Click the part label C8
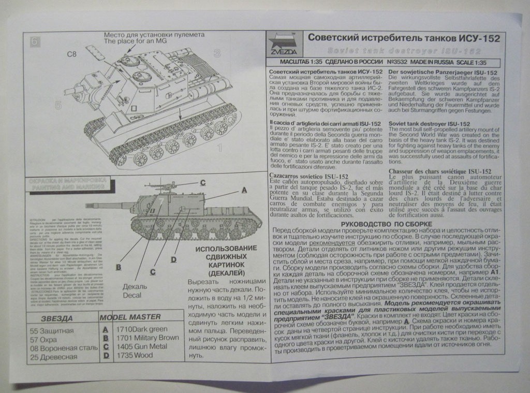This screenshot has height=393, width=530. (x=72, y=53)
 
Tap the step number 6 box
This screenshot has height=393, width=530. (x=35, y=41)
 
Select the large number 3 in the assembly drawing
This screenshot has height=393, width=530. (x=217, y=53)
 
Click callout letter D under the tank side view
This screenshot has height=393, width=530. (x=174, y=259)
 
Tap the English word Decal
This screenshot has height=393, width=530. (x=132, y=295)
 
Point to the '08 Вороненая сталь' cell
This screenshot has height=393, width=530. (x=64, y=347)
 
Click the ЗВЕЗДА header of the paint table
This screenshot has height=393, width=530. (x=56, y=318)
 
